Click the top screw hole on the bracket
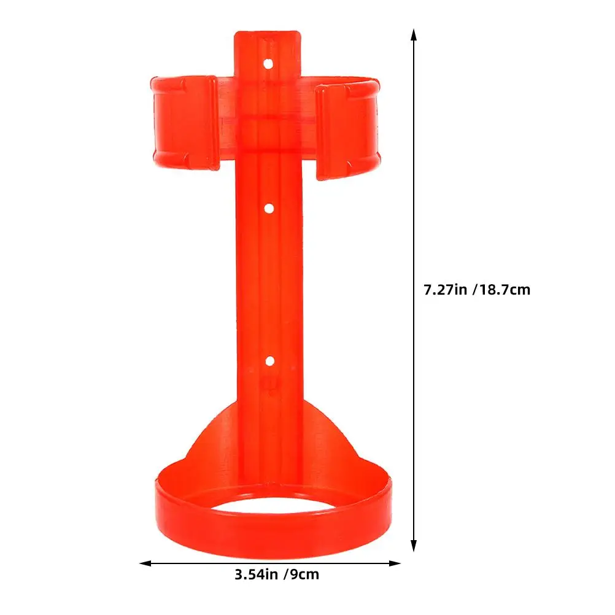(268, 63)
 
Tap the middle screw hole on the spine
(268, 209)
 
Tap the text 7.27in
(445, 289)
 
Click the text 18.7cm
(504, 289)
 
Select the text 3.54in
(256, 575)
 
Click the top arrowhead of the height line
(414, 35)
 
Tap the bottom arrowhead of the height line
(414, 547)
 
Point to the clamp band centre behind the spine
(268, 117)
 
